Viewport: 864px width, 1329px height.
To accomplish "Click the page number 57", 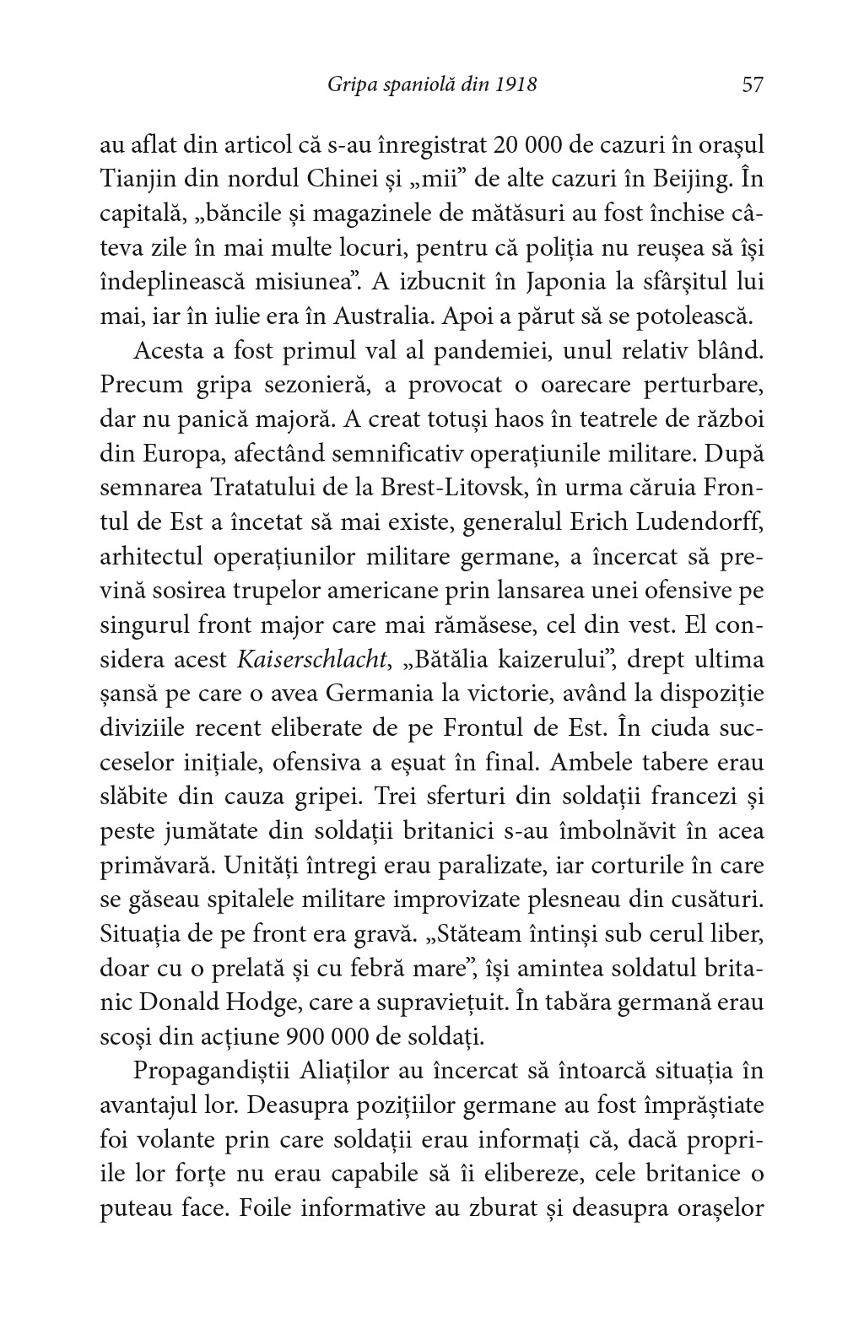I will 752,84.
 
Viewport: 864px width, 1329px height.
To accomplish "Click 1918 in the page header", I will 516,84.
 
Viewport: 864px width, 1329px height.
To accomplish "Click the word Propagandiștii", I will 210,1072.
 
